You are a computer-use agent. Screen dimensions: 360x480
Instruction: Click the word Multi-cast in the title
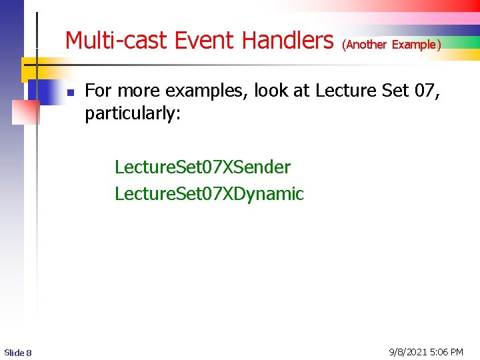(117, 41)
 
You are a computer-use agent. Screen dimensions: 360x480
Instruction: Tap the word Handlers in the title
(287, 41)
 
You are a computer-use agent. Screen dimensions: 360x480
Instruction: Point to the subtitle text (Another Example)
(391, 45)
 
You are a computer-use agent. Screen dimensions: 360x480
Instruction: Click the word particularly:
(133, 114)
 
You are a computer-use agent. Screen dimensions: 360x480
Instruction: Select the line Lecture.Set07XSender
(203, 167)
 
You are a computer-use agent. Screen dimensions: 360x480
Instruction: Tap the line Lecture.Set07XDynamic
(209, 194)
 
